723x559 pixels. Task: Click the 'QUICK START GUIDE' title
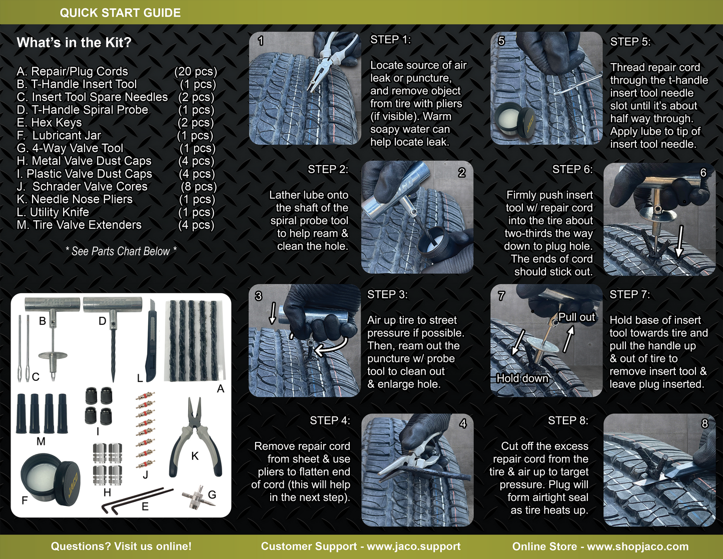[120, 13]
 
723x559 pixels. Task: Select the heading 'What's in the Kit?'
[74, 43]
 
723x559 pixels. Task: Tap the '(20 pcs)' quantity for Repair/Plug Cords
[196, 72]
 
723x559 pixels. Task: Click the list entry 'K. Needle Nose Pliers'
[75, 199]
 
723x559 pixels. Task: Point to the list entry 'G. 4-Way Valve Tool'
[70, 148]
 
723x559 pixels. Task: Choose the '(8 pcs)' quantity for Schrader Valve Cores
[198, 187]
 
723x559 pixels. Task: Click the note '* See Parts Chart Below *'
[121, 251]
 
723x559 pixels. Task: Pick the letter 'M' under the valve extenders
[41, 441]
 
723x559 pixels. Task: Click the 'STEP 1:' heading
[390, 40]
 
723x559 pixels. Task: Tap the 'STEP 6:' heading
[572, 170]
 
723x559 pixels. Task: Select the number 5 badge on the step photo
[501, 41]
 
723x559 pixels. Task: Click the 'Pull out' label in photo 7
[576, 317]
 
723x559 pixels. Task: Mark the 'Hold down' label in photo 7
[522, 378]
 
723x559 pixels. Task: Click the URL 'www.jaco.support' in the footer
[413, 546]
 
